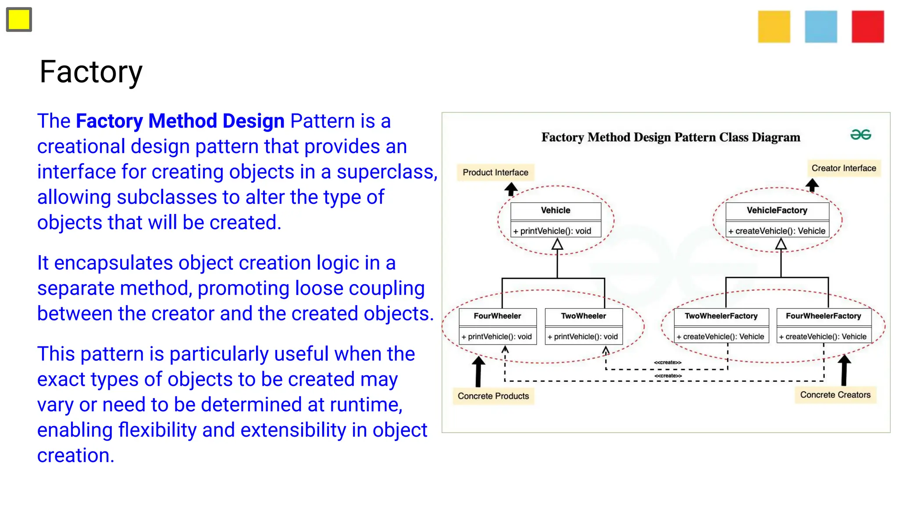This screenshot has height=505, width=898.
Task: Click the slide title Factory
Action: point(91,72)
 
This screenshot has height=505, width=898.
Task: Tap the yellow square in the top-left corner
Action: point(19,20)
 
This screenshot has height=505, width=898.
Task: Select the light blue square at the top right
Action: point(821,27)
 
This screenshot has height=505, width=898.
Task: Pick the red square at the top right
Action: point(867,27)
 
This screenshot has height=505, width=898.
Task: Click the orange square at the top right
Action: point(774,27)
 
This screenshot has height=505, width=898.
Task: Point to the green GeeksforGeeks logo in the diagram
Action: point(860,135)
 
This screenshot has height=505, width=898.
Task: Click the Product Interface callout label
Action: point(495,172)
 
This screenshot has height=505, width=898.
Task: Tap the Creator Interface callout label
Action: point(844,168)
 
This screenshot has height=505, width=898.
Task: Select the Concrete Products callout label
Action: point(493,396)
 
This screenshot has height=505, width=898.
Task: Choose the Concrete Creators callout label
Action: point(835,395)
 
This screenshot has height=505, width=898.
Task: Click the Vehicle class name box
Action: point(556,210)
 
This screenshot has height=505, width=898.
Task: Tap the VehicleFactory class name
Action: point(777,210)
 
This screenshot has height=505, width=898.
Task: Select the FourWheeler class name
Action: point(497,316)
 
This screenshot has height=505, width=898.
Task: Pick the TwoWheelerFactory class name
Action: point(721,316)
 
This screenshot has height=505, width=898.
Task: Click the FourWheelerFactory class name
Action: point(823,316)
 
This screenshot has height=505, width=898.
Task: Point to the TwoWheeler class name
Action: point(584,316)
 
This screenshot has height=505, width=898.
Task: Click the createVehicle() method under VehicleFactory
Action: point(777,231)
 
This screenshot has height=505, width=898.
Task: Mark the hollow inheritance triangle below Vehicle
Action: point(557,244)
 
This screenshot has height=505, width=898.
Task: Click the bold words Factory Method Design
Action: point(180,121)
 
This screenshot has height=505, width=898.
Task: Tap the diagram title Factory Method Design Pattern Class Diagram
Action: point(671,137)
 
